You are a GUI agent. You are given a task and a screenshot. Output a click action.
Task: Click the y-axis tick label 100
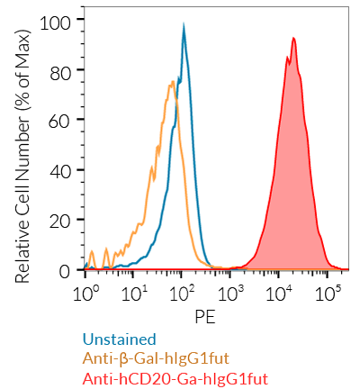[57, 19]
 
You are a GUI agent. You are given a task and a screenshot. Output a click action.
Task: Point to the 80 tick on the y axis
[61, 69]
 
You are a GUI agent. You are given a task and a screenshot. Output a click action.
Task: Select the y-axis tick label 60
[61, 120]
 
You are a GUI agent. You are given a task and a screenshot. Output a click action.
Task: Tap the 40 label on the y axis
[61, 170]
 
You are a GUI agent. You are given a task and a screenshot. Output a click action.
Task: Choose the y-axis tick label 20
[61, 221]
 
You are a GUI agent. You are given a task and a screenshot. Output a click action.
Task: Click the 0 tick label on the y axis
[66, 271]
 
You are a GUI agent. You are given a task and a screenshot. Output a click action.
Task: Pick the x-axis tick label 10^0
[85, 294]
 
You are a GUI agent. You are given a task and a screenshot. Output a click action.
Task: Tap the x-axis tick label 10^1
[134, 294]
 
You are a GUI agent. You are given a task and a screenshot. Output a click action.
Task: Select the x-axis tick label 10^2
[183, 294]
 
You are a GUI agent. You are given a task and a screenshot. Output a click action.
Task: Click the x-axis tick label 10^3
[231, 294]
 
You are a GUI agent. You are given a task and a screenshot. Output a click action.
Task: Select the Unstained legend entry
[119, 339]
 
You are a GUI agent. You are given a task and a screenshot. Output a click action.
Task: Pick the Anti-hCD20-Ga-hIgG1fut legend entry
[175, 379]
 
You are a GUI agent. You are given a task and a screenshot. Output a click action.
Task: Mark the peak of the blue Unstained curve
[184, 26]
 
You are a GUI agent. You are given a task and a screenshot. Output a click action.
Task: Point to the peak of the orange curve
[171, 81]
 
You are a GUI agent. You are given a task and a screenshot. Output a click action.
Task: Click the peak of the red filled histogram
[293, 38]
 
